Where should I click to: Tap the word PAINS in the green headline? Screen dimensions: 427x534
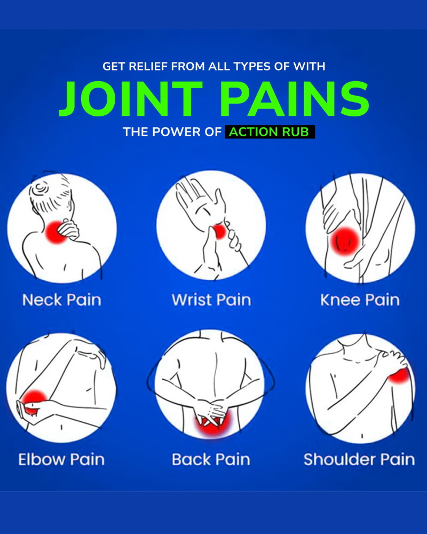[294, 99]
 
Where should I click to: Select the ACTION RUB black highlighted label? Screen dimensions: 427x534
[270, 132]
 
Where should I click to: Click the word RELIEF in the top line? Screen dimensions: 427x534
[147, 66]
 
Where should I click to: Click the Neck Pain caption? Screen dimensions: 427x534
[61, 300]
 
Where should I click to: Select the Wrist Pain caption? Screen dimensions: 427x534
[211, 300]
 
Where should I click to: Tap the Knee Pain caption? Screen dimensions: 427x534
[360, 300]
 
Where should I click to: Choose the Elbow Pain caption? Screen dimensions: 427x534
[61, 459]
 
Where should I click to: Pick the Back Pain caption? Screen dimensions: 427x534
[211, 459]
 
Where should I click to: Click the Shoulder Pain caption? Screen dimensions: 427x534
[359, 459]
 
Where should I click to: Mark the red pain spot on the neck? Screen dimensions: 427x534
[56, 232]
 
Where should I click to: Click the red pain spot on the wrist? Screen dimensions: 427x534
[219, 232]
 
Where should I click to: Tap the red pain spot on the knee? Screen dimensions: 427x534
[345, 241]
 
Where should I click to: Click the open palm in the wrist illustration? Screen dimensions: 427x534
[200, 205]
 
